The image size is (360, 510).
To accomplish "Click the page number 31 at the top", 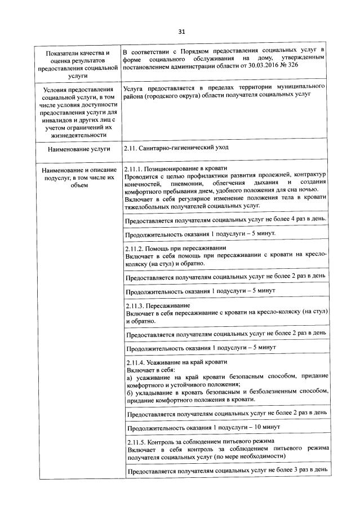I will click(181, 31).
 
